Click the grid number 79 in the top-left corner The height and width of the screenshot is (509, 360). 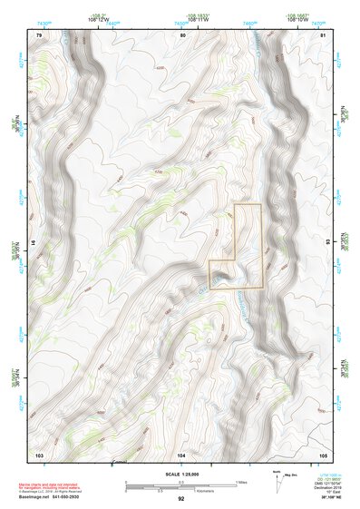point(39,34)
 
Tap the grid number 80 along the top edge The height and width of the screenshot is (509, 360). point(184,34)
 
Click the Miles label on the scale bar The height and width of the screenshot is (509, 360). point(239,481)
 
